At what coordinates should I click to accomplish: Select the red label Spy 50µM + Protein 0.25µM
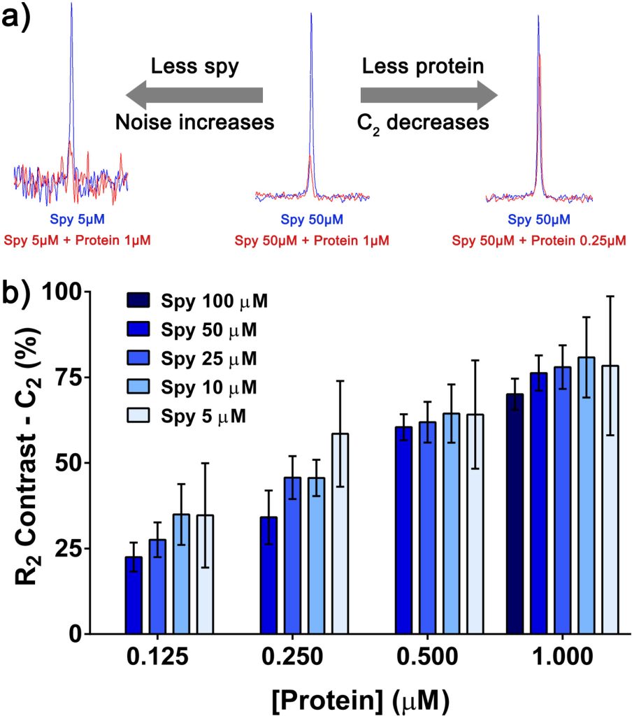(538, 240)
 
